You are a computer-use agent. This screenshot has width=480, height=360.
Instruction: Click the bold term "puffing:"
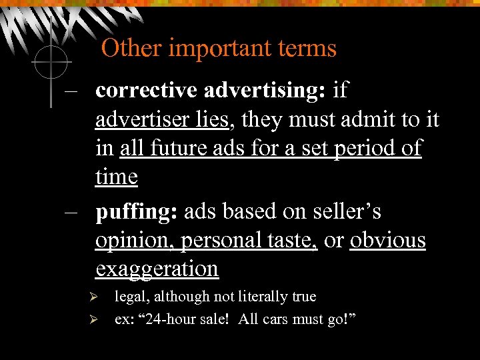[136, 211]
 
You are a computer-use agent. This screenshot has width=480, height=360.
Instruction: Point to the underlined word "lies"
[213, 119]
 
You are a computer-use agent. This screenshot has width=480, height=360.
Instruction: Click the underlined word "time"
[117, 177]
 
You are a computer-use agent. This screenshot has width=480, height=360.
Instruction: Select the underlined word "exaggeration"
[157, 269]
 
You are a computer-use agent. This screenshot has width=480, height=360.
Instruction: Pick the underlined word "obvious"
[388, 240]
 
